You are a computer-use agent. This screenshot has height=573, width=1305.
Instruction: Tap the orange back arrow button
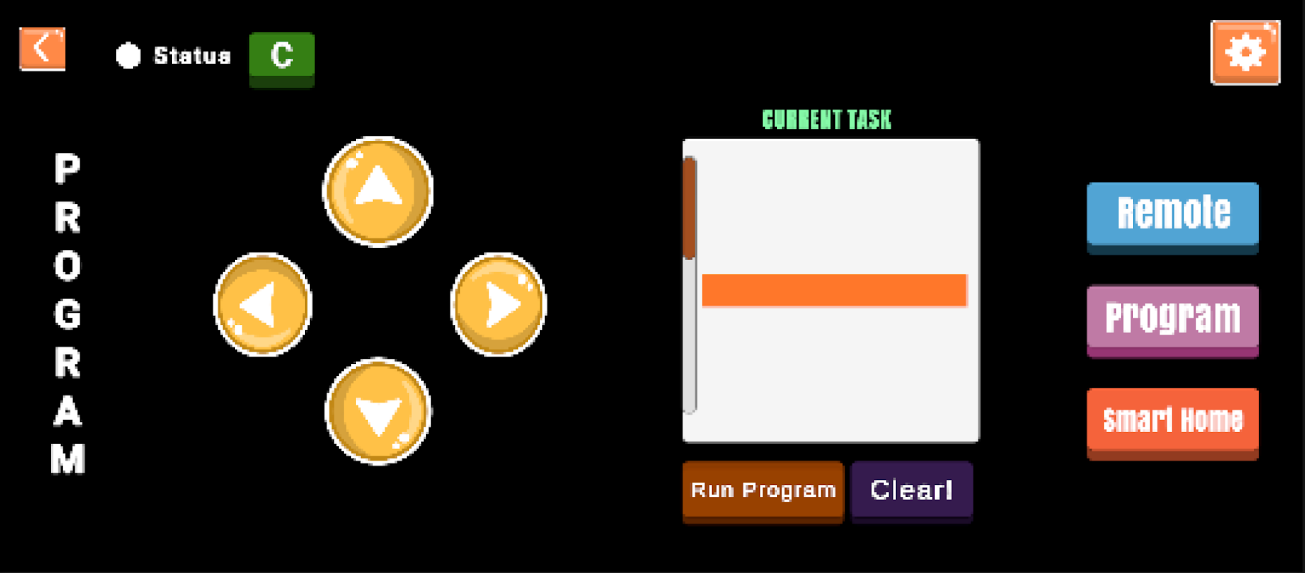click(42, 49)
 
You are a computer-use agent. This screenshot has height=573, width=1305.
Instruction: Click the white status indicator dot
click(128, 55)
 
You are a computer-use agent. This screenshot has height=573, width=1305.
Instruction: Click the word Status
click(192, 56)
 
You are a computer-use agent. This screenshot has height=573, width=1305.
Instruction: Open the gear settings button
click(1245, 52)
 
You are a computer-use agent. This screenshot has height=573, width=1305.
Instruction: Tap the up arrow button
click(378, 191)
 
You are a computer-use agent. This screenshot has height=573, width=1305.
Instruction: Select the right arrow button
click(499, 304)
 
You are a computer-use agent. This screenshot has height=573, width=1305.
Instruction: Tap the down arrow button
click(378, 411)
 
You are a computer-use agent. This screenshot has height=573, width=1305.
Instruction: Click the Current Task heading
click(827, 120)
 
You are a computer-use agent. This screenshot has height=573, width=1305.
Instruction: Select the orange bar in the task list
click(834, 290)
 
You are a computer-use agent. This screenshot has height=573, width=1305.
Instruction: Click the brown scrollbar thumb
click(689, 208)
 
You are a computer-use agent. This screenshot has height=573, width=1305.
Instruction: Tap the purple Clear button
click(912, 490)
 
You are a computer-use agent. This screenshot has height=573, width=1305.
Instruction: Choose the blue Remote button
click(1172, 214)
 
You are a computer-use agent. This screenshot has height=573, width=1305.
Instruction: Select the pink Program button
click(1172, 317)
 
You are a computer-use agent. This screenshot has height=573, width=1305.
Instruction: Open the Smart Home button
click(1172, 420)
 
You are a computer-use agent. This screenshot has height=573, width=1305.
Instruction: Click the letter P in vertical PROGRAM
click(67, 169)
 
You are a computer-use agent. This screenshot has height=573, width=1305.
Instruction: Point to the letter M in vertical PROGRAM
click(67, 459)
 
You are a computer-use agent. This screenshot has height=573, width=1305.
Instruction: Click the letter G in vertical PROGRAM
click(67, 314)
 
